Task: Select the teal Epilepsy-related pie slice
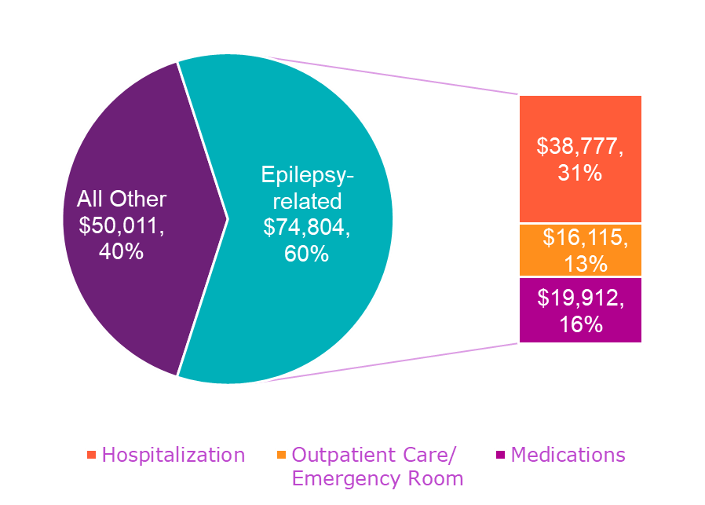click(314, 314)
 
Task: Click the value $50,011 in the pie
click(122, 225)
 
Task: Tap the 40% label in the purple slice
click(122, 252)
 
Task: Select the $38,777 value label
click(580, 146)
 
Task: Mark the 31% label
click(580, 173)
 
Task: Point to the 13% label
click(585, 264)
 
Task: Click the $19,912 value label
click(580, 298)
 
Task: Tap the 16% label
click(580, 324)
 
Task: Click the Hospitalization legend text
click(174, 455)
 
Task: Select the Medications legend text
click(568, 455)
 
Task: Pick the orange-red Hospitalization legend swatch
click(92, 455)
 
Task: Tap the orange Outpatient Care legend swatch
click(282, 455)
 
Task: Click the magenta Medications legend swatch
click(499, 455)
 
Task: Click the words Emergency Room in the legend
click(378, 478)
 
